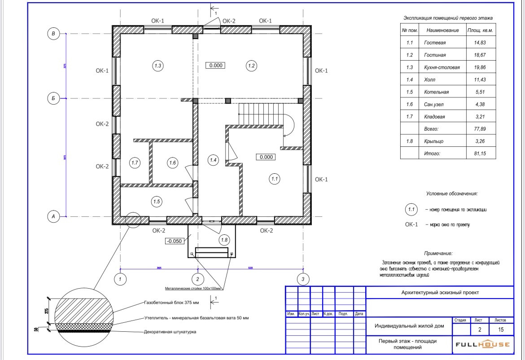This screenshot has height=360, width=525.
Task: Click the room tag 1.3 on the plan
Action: pyautogui.click(x=157, y=66)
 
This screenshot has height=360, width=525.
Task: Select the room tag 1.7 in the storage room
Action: pyautogui.click(x=135, y=163)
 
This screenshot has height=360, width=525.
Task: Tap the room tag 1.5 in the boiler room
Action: pyautogui.click(x=157, y=202)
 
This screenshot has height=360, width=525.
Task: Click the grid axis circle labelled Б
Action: pyautogui.click(x=53, y=98)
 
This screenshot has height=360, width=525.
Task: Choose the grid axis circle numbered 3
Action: pyautogui.click(x=303, y=279)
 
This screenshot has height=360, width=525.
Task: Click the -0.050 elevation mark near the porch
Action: pyautogui.click(x=174, y=241)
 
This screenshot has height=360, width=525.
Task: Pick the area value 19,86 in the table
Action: pyautogui.click(x=477, y=67)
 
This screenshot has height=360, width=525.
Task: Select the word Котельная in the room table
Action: pyautogui.click(x=436, y=92)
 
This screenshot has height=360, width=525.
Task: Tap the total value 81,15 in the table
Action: pyautogui.click(x=477, y=154)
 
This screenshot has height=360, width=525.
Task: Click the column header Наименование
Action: pyautogui.click(x=442, y=31)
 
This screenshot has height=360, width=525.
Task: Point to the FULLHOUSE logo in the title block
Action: pyautogui.click(x=483, y=345)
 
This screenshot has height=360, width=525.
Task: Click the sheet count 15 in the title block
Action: pyautogui.click(x=501, y=330)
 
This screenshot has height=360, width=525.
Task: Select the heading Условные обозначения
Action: pyautogui.click(x=452, y=194)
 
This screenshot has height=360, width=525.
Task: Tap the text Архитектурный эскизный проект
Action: pyautogui.click(x=440, y=293)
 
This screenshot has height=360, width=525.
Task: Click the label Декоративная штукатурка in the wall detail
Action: pyautogui.click(x=170, y=332)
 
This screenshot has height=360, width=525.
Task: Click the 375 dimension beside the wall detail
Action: pyautogui.click(x=47, y=311)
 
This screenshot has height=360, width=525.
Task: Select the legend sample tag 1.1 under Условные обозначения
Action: pyautogui.click(x=411, y=209)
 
